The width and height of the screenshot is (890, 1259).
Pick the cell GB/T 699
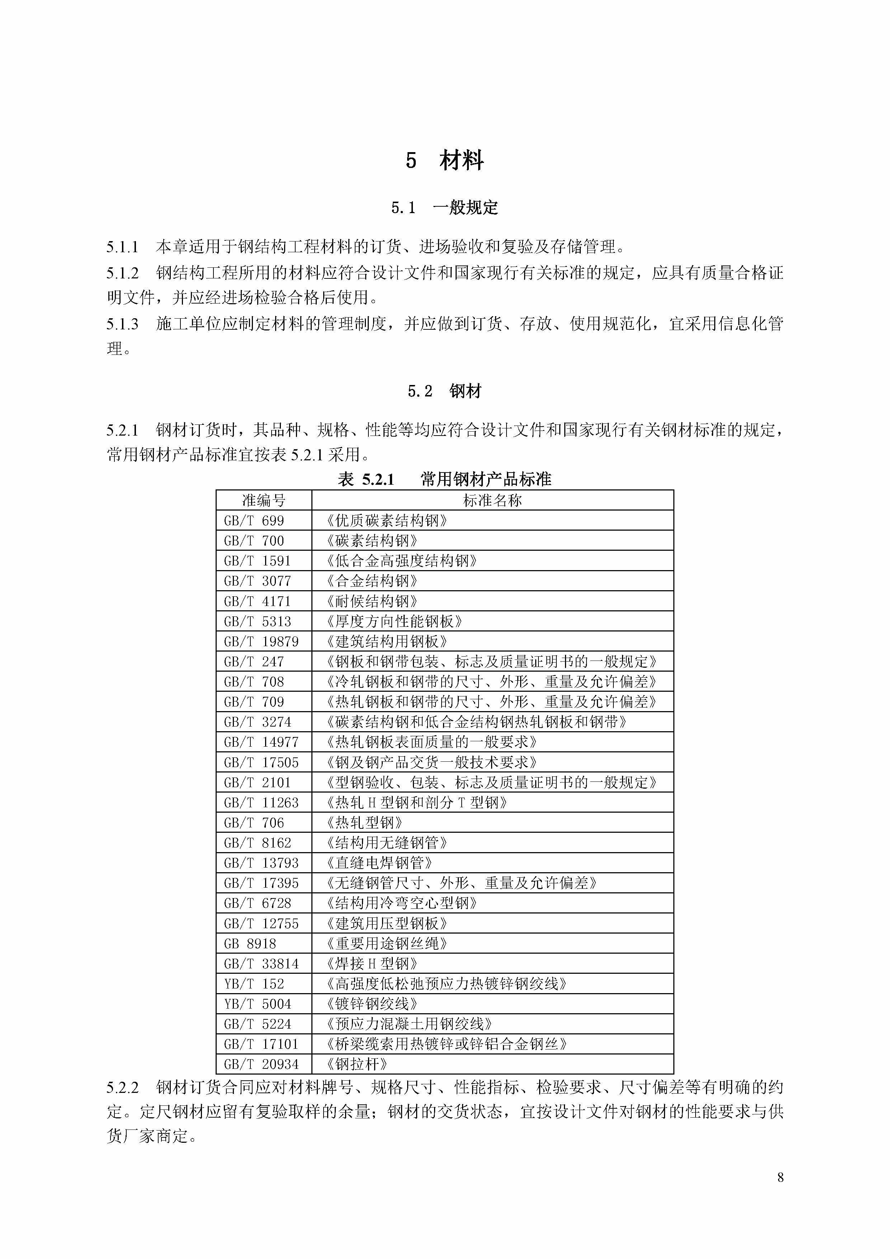pyautogui.click(x=254, y=520)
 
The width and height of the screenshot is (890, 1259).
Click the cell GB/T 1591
pyautogui.click(x=257, y=560)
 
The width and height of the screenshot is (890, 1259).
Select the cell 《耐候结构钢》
pyautogui.click(x=372, y=601)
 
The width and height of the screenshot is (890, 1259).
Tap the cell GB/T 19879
pyautogui.click(x=261, y=641)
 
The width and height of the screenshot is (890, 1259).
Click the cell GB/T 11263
pyautogui.click(x=261, y=802)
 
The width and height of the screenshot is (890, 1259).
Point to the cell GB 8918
pyautogui.click(x=250, y=943)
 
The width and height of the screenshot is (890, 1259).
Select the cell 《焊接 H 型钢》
pyautogui.click(x=372, y=963)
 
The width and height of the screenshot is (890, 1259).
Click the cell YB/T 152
pyautogui.click(x=254, y=984)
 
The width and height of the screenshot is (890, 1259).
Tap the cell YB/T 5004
pyautogui.click(x=257, y=1004)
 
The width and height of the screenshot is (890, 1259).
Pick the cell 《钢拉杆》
pyautogui.click(x=357, y=1064)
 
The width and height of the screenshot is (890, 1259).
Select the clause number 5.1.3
pyautogui.click(x=122, y=324)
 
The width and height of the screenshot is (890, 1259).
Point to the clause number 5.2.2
pyautogui.click(x=122, y=1087)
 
